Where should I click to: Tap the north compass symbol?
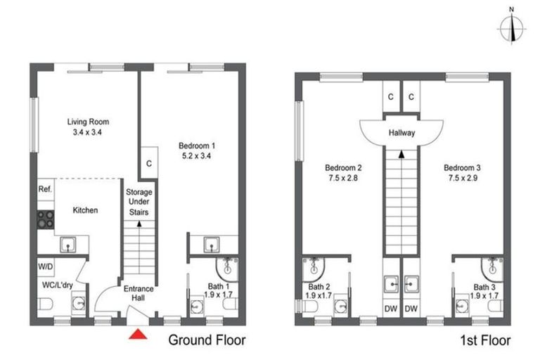click(x=513, y=28)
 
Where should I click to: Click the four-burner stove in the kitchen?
click(x=46, y=219)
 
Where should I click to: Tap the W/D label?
click(x=46, y=268)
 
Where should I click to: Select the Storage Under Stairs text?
click(x=139, y=202)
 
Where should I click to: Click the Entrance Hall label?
click(x=139, y=293)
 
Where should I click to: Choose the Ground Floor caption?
click(x=206, y=341)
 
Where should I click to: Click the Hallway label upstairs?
click(x=401, y=132)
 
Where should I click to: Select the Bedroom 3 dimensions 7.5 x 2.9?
click(x=462, y=180)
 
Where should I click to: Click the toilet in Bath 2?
click(x=341, y=306)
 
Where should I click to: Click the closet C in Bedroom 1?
click(x=149, y=163)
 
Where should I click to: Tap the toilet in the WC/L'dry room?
click(x=44, y=304)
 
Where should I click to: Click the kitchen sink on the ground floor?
click(x=68, y=244)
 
